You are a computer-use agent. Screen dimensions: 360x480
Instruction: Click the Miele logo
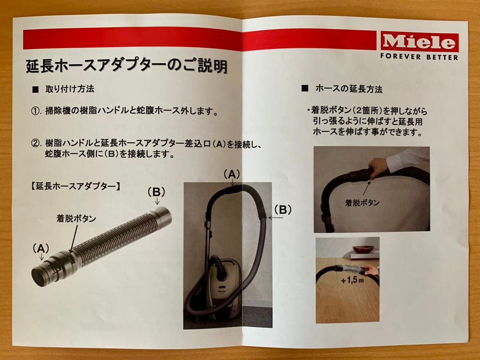point(419,43)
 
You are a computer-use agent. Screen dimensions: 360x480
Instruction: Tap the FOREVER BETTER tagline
point(419,57)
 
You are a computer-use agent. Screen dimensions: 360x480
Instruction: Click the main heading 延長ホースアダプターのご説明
point(126,67)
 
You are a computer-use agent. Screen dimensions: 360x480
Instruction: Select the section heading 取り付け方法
point(70,88)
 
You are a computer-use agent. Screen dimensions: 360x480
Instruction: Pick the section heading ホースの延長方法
point(348,88)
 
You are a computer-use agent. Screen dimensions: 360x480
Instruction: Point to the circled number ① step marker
point(36,111)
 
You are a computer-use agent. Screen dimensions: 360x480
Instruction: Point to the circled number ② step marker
point(36,144)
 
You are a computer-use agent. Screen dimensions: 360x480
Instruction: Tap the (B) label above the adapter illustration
point(156,192)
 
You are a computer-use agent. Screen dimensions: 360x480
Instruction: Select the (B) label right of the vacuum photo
point(283,209)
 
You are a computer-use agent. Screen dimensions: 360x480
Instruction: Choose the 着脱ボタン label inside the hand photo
point(362,203)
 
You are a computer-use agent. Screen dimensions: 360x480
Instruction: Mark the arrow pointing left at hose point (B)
point(276,218)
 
